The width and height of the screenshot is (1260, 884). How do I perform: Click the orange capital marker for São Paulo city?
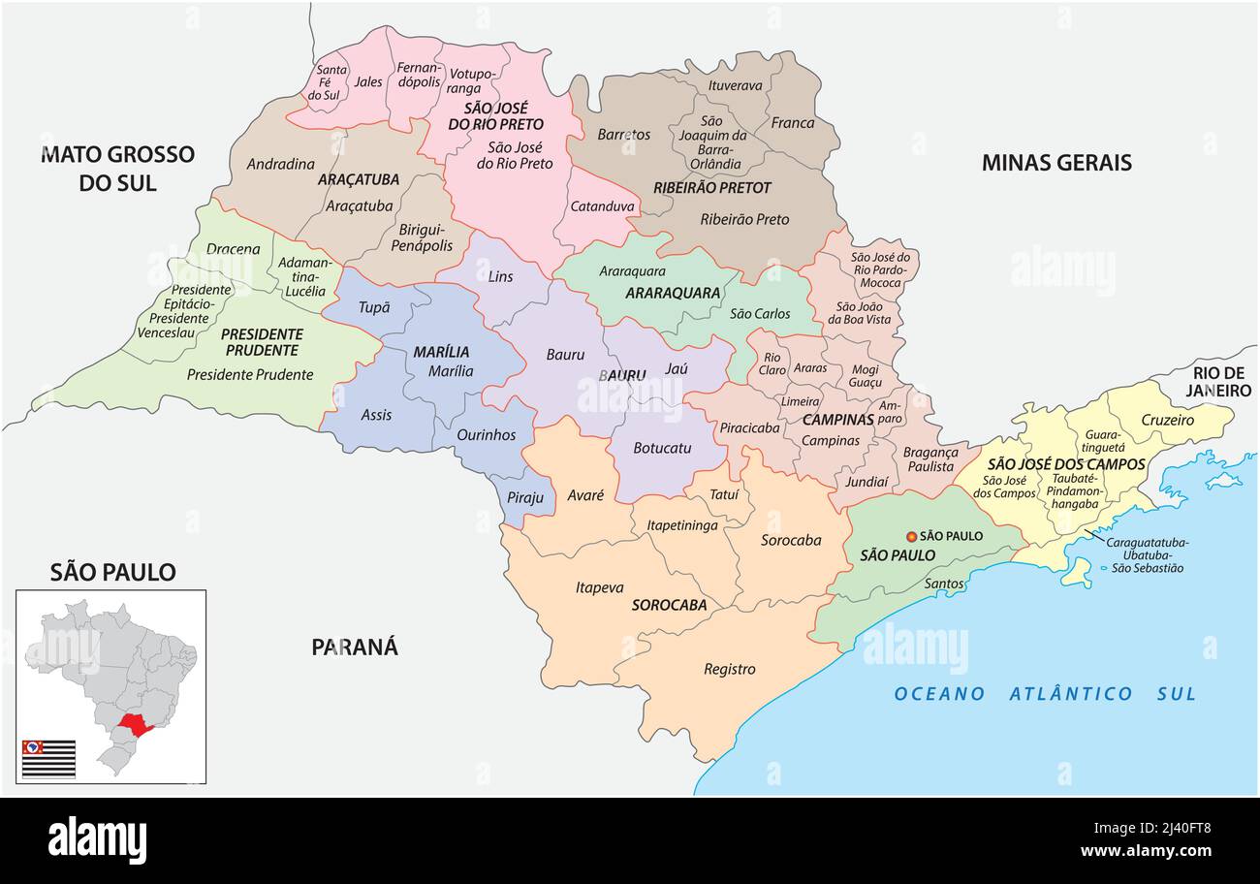pos(911,536)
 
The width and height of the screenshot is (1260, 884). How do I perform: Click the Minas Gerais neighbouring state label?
pos(1056,162)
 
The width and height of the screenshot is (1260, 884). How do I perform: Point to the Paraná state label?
pos(355,647)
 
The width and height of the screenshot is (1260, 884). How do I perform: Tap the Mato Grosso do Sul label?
pos(117,168)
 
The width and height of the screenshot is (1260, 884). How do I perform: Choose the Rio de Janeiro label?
pos(1218,382)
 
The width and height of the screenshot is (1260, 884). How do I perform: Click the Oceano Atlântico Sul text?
pos(1045,693)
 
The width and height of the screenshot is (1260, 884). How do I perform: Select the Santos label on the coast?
pos(944,584)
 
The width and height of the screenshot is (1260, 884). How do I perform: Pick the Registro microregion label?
pos(729,669)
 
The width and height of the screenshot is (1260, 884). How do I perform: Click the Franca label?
pos(792,123)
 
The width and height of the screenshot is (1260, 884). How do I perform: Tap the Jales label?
pos(368,81)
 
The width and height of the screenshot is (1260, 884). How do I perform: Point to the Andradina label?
pos(280,164)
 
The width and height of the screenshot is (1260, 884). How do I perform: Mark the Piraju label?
pos(525,497)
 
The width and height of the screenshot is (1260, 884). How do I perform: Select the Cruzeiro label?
pos(1167,420)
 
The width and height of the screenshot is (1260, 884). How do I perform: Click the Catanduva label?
pos(602,205)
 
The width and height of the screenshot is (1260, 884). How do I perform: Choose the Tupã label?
pos(374,306)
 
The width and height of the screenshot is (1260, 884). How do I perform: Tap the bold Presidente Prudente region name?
pos(260,341)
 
